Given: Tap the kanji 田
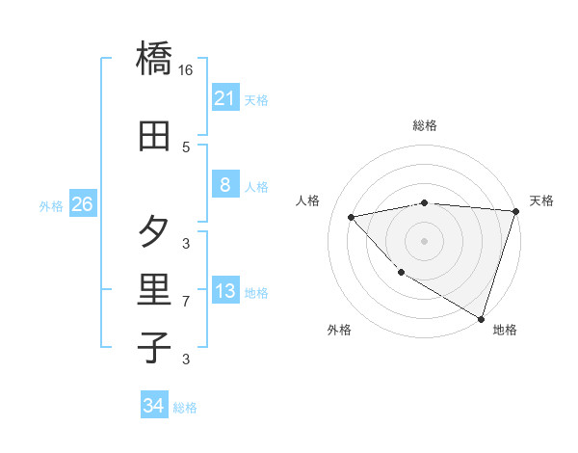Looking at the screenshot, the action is (155, 135).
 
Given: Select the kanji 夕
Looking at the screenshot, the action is (155, 231).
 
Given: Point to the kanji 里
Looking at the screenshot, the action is (155, 289).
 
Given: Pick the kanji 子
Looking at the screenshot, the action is (155, 347).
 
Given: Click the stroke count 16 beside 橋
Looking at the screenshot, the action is (186, 70).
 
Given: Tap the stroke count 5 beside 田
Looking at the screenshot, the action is (186, 147).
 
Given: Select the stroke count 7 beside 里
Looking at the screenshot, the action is (186, 302).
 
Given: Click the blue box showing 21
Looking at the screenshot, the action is (224, 98).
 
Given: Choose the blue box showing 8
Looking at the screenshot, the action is (224, 185).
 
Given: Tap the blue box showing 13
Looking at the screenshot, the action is (224, 291).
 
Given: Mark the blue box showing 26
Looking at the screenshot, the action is (82, 204).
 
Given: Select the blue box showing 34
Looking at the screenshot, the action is (153, 406).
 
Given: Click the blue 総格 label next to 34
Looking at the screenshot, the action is (185, 408).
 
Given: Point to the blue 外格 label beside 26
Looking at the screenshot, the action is (51, 205).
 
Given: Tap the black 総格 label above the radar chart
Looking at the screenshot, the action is (424, 125).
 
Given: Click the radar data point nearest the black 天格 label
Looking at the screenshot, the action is (515, 211).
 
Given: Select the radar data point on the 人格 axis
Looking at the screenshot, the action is (352, 217).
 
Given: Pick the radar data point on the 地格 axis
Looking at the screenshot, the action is (481, 318).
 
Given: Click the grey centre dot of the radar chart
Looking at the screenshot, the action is (424, 240).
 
